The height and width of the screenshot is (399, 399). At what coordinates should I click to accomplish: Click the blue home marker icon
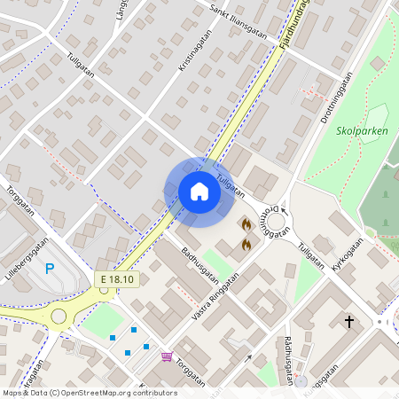pyautogui.click(x=199, y=191)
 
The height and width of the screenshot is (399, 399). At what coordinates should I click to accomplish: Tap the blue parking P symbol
pyautogui.click(x=50, y=269)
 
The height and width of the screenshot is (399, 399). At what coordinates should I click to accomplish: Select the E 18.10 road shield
pyautogui.click(x=117, y=279)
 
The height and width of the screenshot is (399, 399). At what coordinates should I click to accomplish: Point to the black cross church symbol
pyautogui.click(x=349, y=321)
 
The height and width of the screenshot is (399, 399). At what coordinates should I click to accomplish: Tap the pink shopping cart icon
pyautogui.click(x=167, y=356)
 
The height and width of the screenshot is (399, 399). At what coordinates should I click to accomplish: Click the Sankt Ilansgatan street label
pyautogui.click(x=239, y=20)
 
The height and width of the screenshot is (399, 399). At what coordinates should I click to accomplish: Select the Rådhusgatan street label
pyautogui.click(x=289, y=360)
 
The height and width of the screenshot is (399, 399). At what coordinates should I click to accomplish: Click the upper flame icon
pyautogui.click(x=246, y=224)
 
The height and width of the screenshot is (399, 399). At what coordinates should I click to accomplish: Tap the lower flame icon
pyautogui.click(x=246, y=242)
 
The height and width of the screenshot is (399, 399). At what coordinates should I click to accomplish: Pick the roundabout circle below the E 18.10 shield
pyautogui.click(x=59, y=316)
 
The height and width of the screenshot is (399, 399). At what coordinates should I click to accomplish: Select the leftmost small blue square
pyautogui.click(x=113, y=338)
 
